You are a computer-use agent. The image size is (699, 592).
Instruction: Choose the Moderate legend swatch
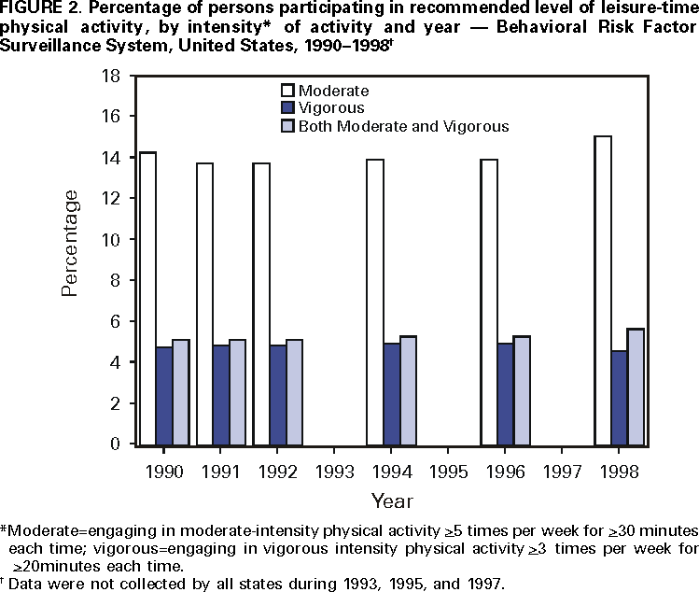click(x=289, y=92)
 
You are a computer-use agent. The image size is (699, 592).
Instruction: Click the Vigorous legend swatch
click(x=289, y=108)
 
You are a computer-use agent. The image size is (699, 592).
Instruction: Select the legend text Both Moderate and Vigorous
click(x=403, y=126)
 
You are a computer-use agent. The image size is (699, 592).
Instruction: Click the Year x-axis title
click(x=392, y=500)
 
